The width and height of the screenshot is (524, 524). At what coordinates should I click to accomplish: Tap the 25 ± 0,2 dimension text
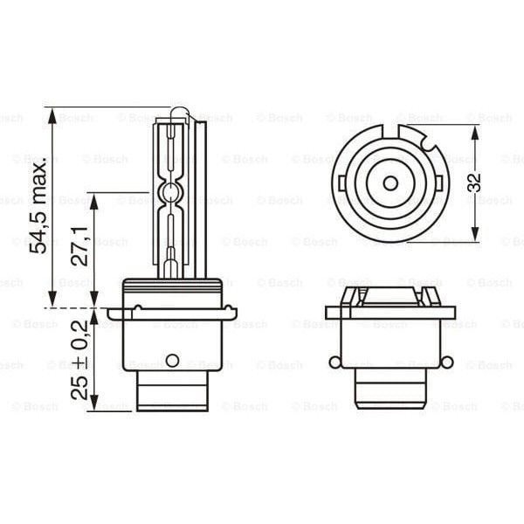click(79, 358)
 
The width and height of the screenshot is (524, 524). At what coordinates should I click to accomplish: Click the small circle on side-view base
click(172, 361)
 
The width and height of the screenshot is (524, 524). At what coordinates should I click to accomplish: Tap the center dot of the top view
click(390, 183)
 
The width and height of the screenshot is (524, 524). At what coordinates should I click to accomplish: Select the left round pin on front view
click(334, 362)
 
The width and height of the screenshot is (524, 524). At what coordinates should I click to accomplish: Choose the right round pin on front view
click(447, 362)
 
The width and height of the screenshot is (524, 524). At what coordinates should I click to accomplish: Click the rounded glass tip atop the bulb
click(179, 114)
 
